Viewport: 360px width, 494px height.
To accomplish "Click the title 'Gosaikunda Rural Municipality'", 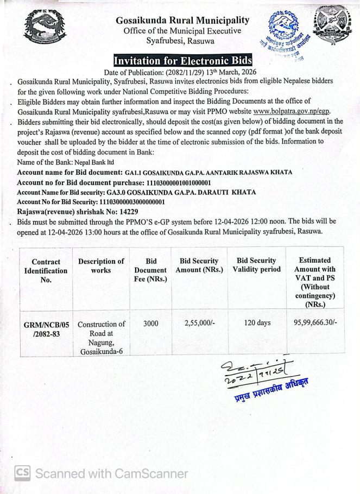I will point(182,20).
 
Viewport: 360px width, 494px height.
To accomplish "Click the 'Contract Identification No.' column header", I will point(46,270).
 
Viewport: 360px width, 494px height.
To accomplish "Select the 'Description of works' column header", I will point(100,265).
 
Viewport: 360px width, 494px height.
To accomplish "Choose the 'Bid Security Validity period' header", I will point(256,265).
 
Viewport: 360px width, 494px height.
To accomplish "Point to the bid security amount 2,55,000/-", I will point(202,324).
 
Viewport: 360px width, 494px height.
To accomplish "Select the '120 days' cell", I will point(256,324).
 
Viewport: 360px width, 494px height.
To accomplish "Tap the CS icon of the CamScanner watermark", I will point(22,473).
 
